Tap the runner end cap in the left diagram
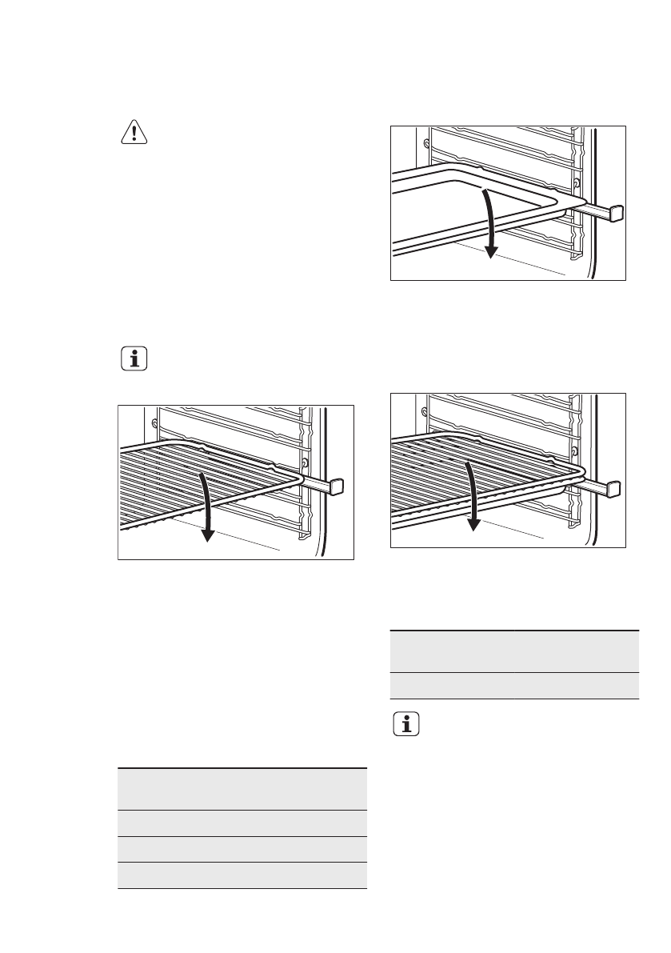(337, 486)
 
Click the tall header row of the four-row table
(242, 789)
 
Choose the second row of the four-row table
(242, 823)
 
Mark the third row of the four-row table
(242, 850)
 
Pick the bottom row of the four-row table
(242, 875)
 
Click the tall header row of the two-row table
(514, 651)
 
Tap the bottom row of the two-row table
(514, 686)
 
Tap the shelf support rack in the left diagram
(240, 424)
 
